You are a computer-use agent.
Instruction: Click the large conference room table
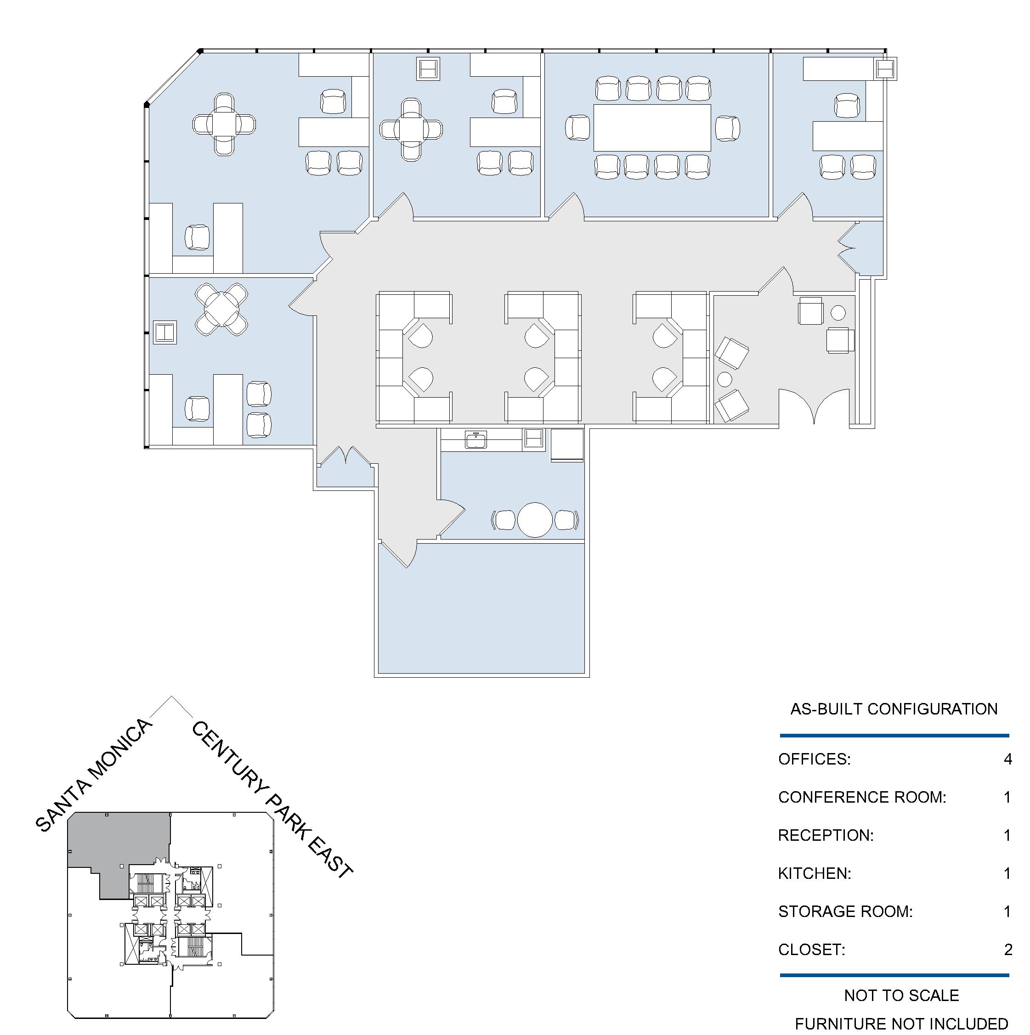point(652,128)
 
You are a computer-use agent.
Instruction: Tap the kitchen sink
point(476,440)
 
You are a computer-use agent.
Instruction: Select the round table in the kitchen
point(534,520)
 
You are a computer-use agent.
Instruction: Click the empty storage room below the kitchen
point(481,608)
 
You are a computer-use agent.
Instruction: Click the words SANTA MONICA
point(94,775)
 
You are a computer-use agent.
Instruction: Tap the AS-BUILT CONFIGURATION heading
point(894,709)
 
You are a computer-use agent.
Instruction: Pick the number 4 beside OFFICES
point(1007,759)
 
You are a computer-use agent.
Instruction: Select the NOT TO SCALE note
point(901,996)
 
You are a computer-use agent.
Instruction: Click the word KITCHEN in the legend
point(815,874)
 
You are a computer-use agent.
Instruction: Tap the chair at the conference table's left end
point(577,128)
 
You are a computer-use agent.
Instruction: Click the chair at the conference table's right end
point(727,129)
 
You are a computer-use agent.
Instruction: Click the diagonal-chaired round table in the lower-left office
point(221,309)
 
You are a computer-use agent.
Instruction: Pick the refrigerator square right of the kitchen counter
point(567,444)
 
